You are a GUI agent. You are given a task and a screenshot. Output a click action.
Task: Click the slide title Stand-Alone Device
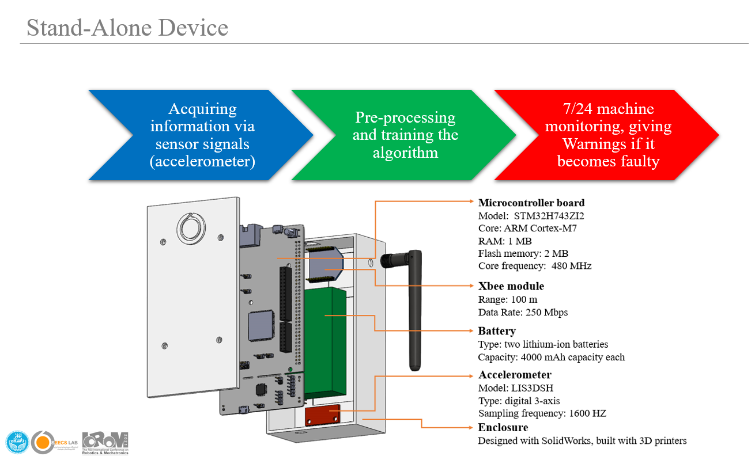127,28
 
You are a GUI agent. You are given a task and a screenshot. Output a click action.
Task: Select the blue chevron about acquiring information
202,135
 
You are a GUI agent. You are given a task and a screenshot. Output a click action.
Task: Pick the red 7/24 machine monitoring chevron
608,135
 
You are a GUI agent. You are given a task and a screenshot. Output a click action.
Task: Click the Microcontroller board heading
531,203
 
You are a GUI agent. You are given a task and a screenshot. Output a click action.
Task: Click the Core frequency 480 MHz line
534,266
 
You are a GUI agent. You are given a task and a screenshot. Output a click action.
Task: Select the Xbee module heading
511,286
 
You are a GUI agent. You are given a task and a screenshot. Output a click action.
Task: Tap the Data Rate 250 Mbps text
522,312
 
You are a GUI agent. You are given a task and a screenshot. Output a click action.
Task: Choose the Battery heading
497,331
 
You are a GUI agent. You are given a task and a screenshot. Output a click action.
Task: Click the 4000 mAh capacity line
551,357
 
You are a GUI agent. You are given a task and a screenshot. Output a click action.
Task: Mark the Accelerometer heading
515,375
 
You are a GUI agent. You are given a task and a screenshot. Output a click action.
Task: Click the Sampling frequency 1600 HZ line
542,413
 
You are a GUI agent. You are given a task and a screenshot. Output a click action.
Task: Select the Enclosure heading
503,428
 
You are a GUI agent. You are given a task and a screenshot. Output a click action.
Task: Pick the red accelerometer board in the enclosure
323,415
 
